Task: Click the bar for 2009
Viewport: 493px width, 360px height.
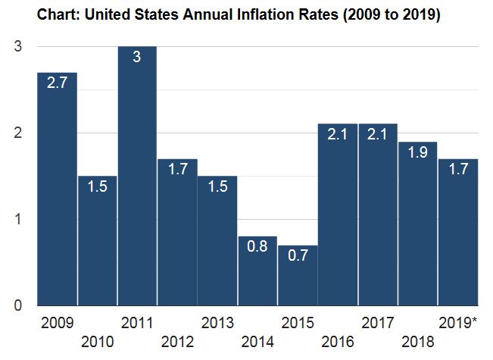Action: pyautogui.click(x=57, y=189)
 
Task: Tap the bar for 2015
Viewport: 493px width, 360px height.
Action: pyautogui.click(x=297, y=276)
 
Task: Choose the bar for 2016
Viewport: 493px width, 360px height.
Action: pyautogui.click(x=338, y=215)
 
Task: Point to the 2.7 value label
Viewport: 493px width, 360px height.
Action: pyautogui.click(x=57, y=83)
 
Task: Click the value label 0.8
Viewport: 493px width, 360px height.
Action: pyautogui.click(x=257, y=247)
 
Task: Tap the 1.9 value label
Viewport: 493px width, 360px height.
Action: pyautogui.click(x=418, y=153)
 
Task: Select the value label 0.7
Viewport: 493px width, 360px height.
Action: pyautogui.click(x=297, y=255)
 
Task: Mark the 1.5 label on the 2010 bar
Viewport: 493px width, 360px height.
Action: pyautogui.click(x=97, y=186)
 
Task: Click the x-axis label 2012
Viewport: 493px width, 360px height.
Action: pyautogui.click(x=177, y=342)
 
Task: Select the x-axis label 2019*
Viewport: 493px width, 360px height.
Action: pyautogui.click(x=458, y=324)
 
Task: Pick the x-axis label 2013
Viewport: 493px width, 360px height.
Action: pyautogui.click(x=217, y=324)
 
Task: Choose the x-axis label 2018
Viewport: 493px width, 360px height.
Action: pyautogui.click(x=418, y=342)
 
